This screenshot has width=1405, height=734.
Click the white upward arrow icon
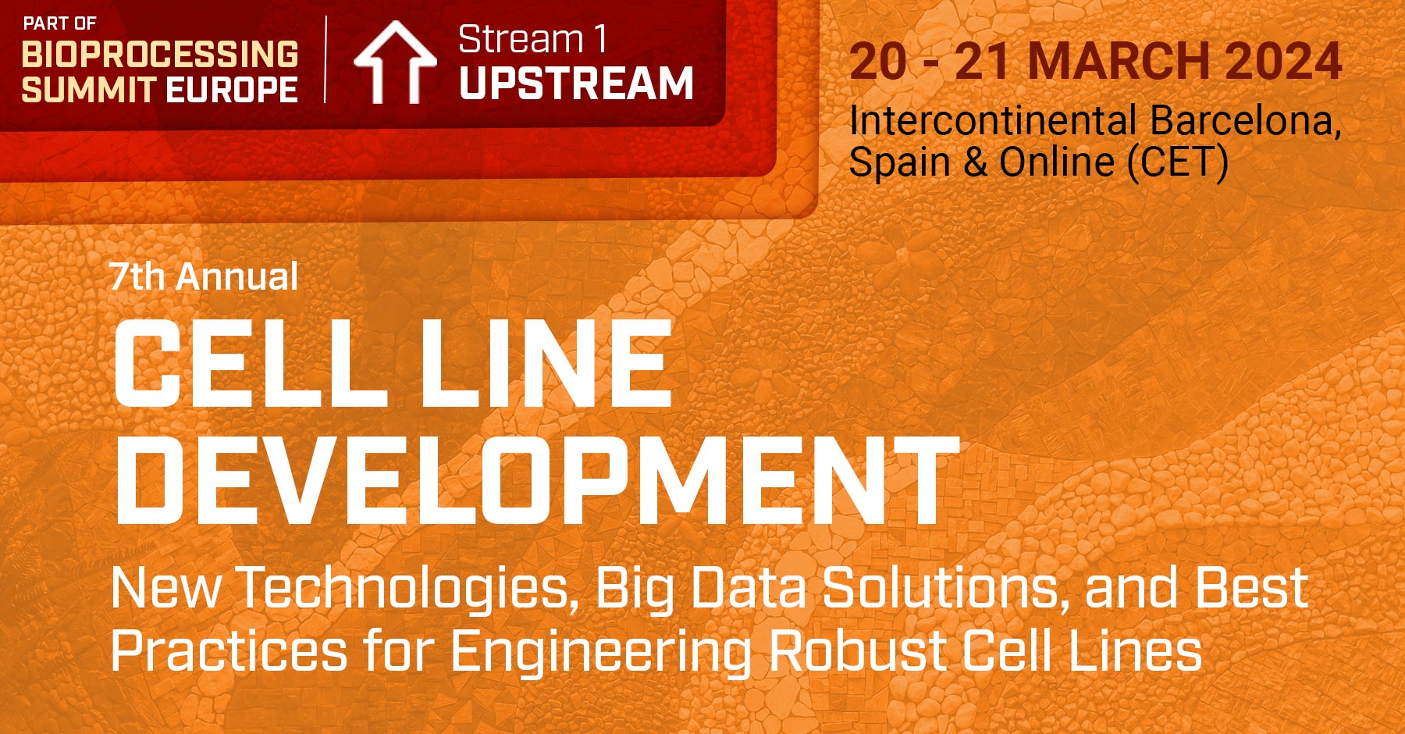click(x=394, y=62)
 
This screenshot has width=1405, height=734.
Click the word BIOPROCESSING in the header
click(x=160, y=55)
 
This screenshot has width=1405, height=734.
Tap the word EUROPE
click(x=232, y=90)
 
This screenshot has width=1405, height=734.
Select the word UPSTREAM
click(x=576, y=83)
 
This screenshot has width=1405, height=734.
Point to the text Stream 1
click(x=532, y=40)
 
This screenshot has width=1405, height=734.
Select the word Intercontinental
click(x=992, y=121)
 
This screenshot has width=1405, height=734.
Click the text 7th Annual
click(x=204, y=276)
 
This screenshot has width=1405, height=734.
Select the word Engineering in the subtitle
click(x=601, y=652)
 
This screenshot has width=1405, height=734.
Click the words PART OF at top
click(x=59, y=23)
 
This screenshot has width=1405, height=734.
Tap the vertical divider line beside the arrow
click(x=325, y=59)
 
